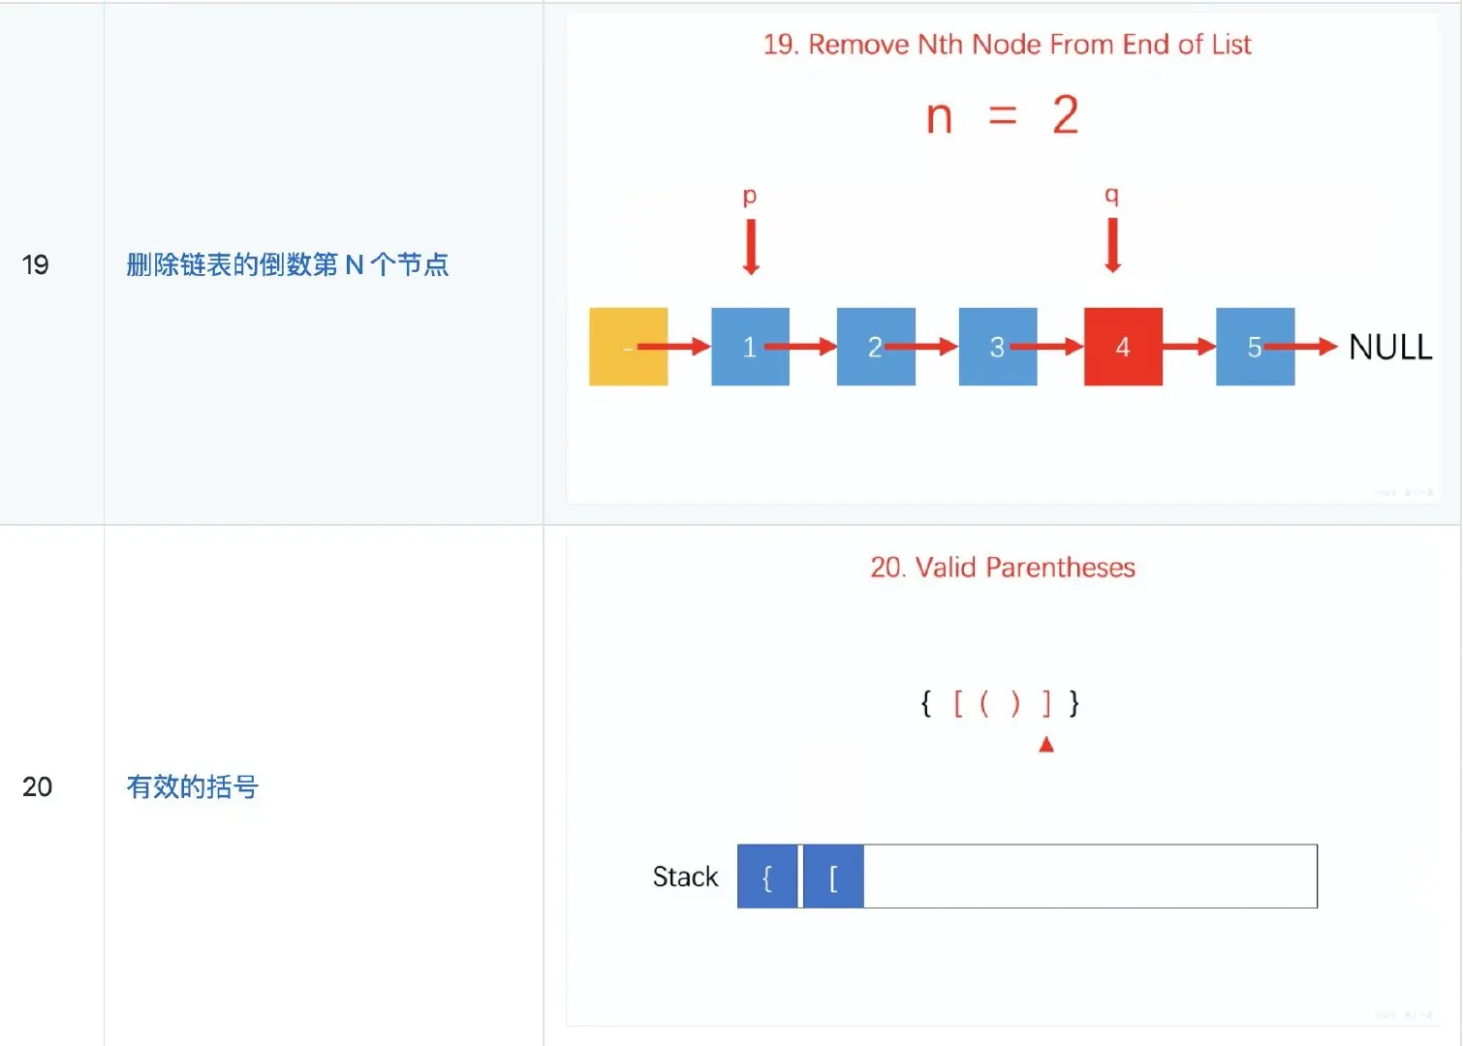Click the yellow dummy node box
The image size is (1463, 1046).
[628, 347]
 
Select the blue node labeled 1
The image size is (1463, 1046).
[750, 347]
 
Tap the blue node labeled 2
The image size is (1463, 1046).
[876, 347]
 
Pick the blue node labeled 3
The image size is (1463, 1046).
[998, 347]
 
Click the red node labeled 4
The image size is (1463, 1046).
[1123, 347]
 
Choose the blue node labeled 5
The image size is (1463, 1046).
[1255, 347]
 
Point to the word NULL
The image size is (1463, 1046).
[1390, 347]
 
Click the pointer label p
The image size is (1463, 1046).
[750, 197]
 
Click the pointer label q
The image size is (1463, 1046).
[1112, 196]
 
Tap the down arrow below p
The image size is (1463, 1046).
[751, 247]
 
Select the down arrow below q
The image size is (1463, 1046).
[1113, 245]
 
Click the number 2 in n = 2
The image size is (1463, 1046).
[1066, 116]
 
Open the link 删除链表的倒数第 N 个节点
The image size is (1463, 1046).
[288, 264]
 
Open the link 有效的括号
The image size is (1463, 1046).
[193, 786]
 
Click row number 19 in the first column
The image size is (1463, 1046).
[36, 264]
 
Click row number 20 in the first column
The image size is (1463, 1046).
[37, 786]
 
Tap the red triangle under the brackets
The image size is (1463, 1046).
[1046, 745]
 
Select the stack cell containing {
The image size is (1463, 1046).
[767, 877]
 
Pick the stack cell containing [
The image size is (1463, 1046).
[833, 877]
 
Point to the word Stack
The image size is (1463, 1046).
[685, 877]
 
